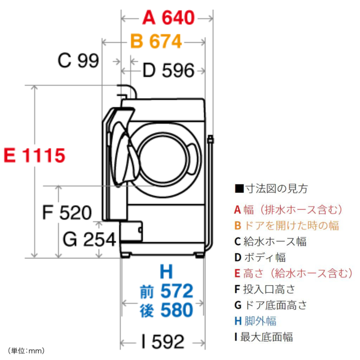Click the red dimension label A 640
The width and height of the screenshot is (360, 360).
tap(168, 18)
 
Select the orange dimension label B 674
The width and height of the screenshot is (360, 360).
tap(156, 42)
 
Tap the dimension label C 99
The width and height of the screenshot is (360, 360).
tap(78, 61)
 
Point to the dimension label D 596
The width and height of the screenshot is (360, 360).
tap(168, 71)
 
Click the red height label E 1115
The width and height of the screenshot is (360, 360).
tap(34, 156)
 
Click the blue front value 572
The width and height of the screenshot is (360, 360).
tap(176, 291)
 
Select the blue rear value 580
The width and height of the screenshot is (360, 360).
tap(176, 310)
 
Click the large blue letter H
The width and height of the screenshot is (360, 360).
tap(166, 272)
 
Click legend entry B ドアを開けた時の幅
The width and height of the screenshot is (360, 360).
tap(287, 225)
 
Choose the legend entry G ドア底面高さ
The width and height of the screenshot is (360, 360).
tap(271, 305)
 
